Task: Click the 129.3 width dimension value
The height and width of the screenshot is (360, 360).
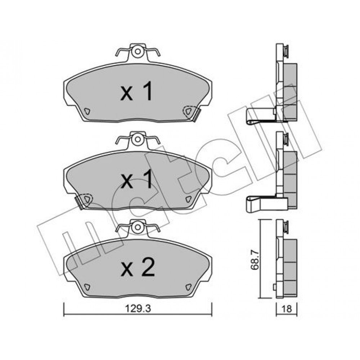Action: (138, 309)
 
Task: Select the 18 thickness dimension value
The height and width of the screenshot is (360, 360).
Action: (287, 309)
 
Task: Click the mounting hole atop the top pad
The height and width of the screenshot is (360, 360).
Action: (138, 51)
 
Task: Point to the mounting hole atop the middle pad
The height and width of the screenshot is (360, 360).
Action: (138, 139)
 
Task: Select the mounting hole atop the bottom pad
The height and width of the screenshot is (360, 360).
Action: (138, 227)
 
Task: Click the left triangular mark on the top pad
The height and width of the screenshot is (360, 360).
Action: (87, 111)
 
